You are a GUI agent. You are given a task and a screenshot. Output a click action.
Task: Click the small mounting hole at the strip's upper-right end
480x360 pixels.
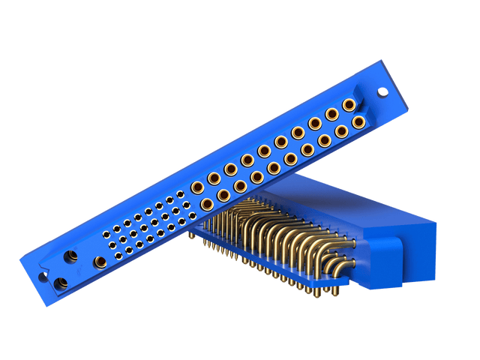(382, 94)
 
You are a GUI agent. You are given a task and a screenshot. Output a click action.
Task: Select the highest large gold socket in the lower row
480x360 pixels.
(358, 121)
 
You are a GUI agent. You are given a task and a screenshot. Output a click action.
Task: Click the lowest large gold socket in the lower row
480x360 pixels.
(206, 203)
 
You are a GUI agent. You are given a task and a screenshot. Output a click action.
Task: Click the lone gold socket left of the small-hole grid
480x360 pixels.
(100, 262)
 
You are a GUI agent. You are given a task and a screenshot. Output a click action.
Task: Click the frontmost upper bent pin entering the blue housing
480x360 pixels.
(347, 241)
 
